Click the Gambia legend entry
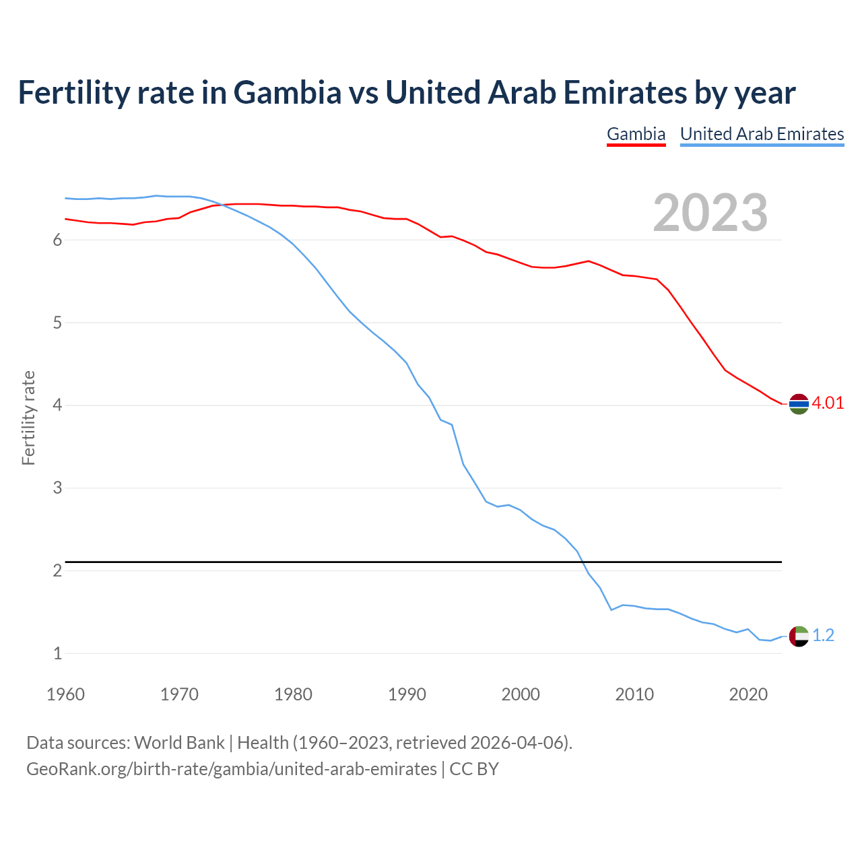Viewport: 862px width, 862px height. tap(636, 134)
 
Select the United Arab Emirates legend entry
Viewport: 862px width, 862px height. tap(762, 134)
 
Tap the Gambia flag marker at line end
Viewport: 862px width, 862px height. tap(799, 404)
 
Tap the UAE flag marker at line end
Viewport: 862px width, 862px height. tap(799, 636)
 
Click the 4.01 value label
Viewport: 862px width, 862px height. tap(828, 403)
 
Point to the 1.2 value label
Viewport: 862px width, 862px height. tap(823, 635)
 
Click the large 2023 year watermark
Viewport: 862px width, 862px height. tap(710, 213)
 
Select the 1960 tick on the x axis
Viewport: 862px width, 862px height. tap(65, 694)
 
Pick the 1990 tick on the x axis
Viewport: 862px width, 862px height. tap(407, 694)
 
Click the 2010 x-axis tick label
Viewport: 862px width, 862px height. tap(634, 694)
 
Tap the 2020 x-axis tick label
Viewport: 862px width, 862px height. tap(748, 694)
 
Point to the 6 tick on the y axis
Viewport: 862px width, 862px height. tap(57, 240)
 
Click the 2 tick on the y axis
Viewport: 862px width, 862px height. tap(57, 570)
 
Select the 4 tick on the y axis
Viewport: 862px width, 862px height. tap(57, 405)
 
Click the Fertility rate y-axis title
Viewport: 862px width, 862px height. tap(28, 418)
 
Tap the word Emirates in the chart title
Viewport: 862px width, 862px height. tap(624, 92)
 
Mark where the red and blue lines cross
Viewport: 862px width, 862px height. tap(221, 205)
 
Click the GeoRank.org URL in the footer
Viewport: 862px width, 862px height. tap(231, 769)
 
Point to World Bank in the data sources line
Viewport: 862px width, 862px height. tap(179, 743)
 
